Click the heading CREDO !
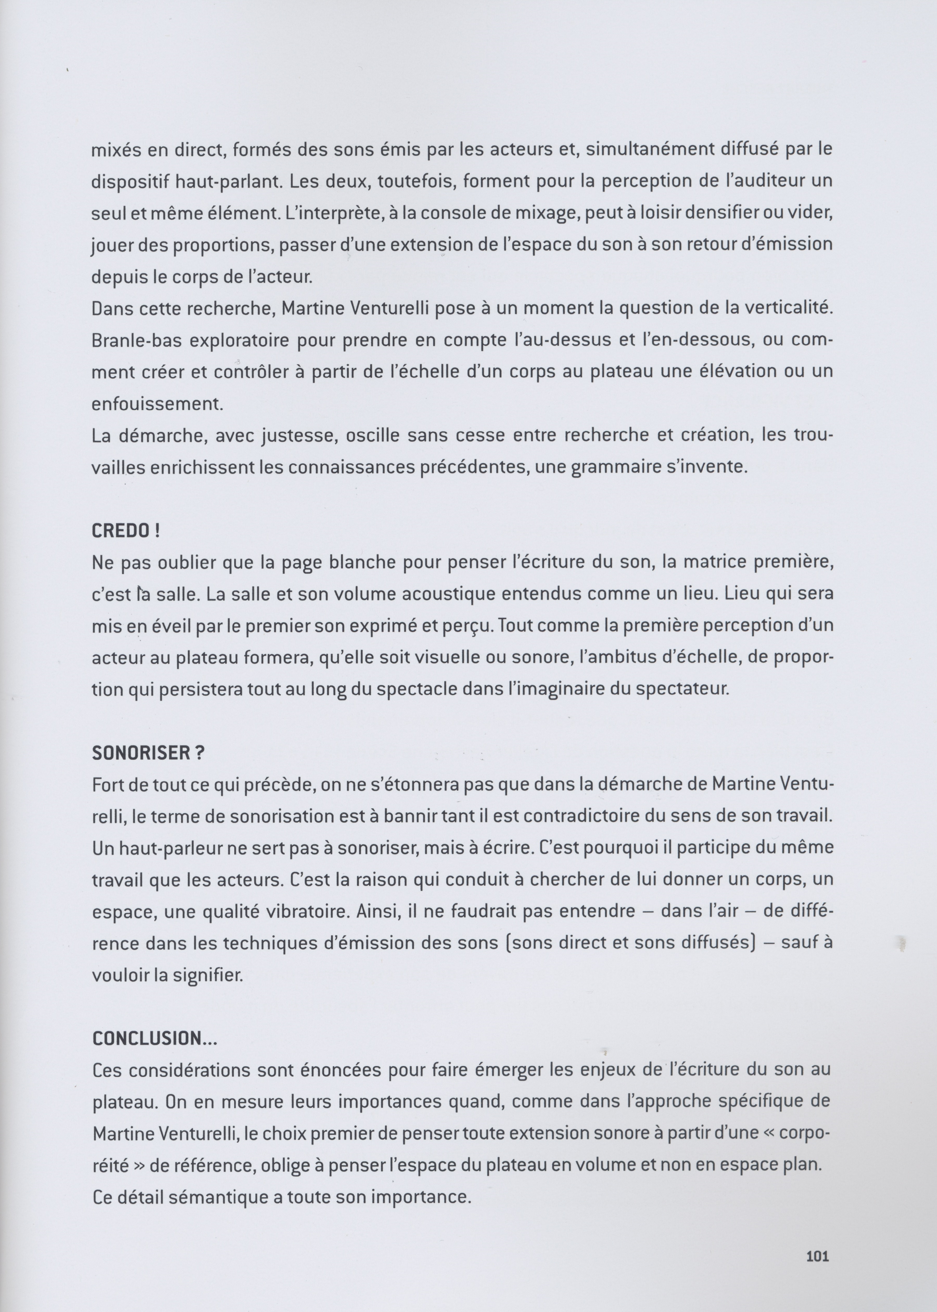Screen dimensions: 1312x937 125,531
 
